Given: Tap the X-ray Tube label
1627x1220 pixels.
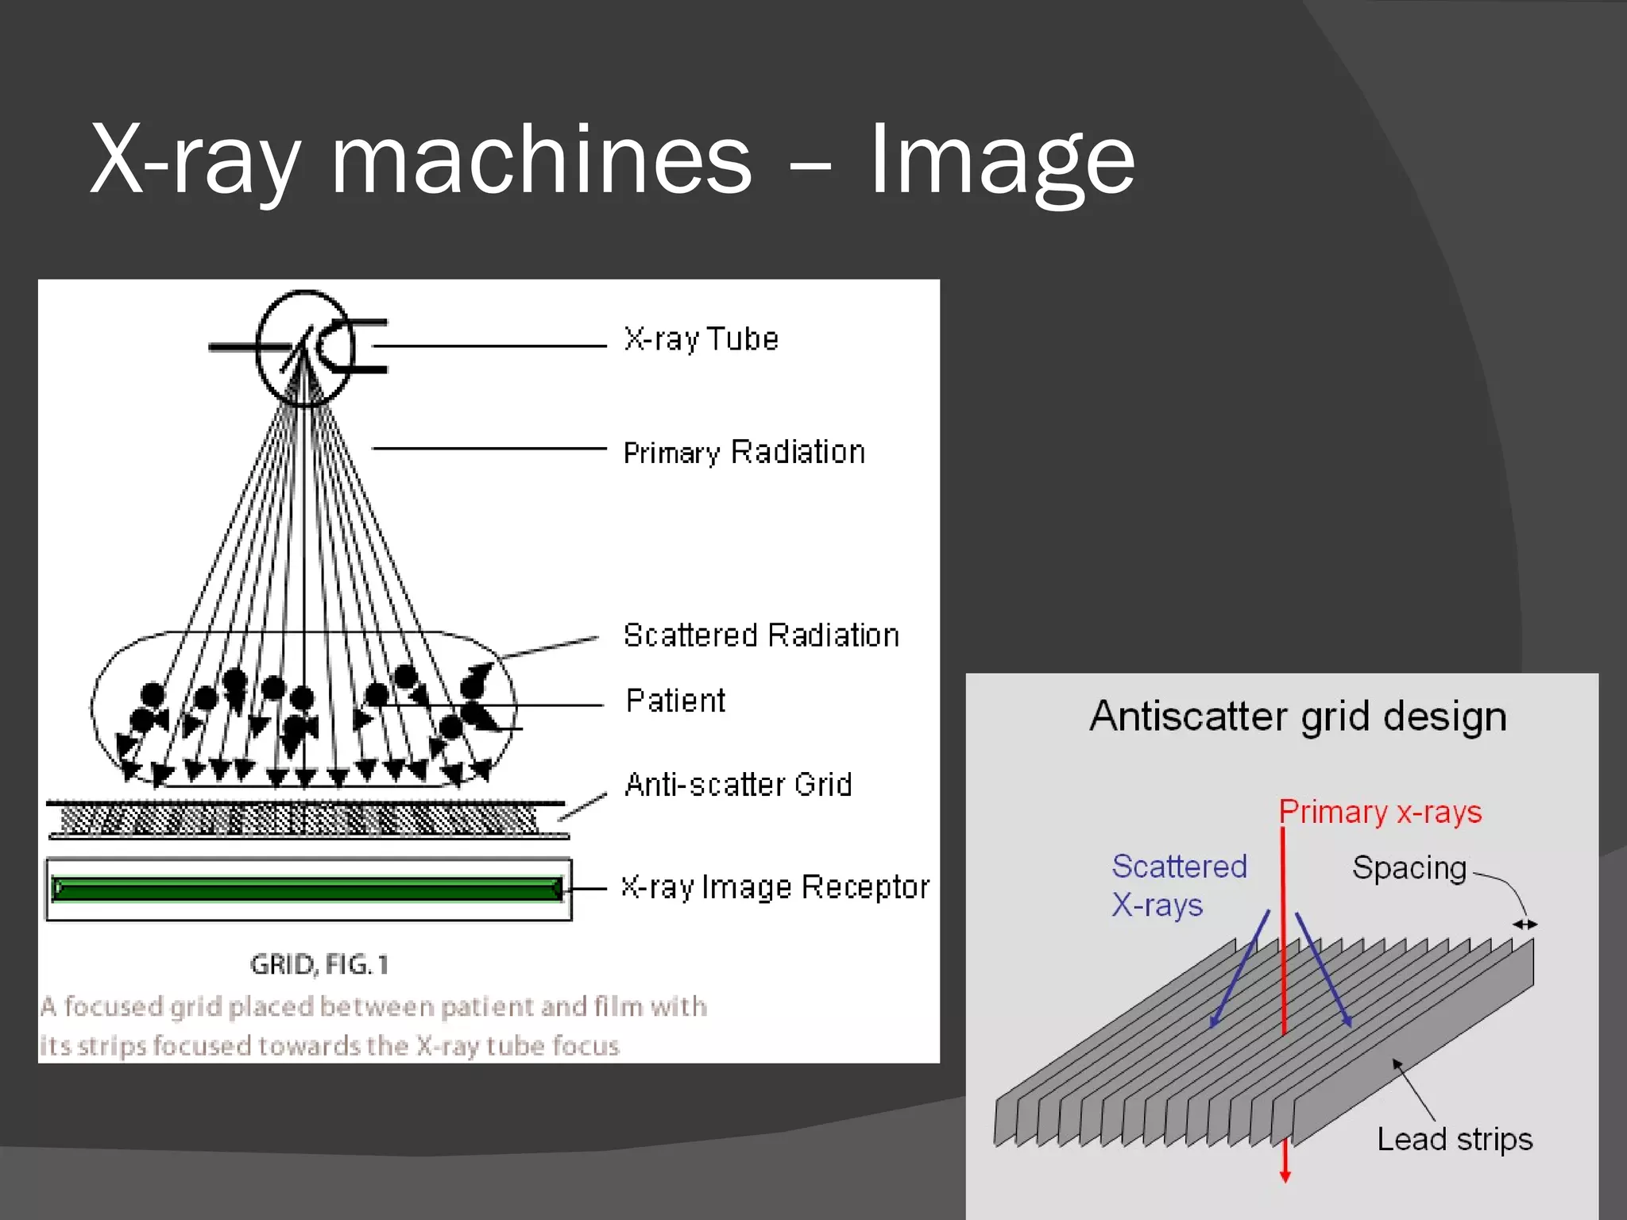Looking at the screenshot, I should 701,339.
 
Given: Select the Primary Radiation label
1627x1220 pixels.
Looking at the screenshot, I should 744,452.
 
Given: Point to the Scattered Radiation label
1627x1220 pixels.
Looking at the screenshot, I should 761,635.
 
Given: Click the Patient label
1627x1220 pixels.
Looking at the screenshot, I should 675,701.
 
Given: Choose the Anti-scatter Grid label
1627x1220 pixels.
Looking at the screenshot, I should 738,785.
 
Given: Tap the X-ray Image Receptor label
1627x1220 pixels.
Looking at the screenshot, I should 775,886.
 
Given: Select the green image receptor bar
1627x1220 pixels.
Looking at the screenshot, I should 307,888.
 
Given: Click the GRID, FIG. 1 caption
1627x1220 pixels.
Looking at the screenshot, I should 319,964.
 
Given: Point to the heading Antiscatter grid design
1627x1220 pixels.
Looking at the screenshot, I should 1297,716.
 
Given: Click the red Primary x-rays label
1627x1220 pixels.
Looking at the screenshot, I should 1380,812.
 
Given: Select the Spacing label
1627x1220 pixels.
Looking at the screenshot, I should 1409,867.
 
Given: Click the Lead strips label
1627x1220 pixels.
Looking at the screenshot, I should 1454,1139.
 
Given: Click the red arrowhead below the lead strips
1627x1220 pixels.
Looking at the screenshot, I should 1285,1176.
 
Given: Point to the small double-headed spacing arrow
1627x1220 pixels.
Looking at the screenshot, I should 1525,924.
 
